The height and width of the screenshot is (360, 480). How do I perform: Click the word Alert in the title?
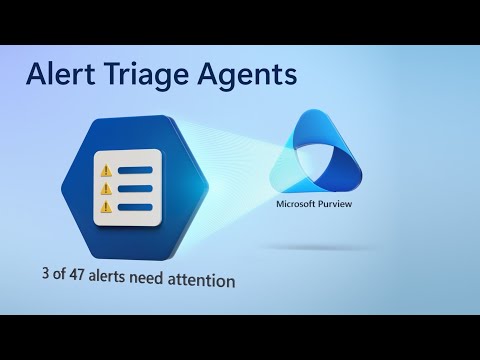point(62,74)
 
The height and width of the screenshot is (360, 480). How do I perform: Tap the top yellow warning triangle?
point(104,166)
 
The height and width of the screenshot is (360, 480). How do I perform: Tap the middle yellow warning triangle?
point(104,187)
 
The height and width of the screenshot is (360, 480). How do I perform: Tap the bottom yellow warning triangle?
point(104,207)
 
